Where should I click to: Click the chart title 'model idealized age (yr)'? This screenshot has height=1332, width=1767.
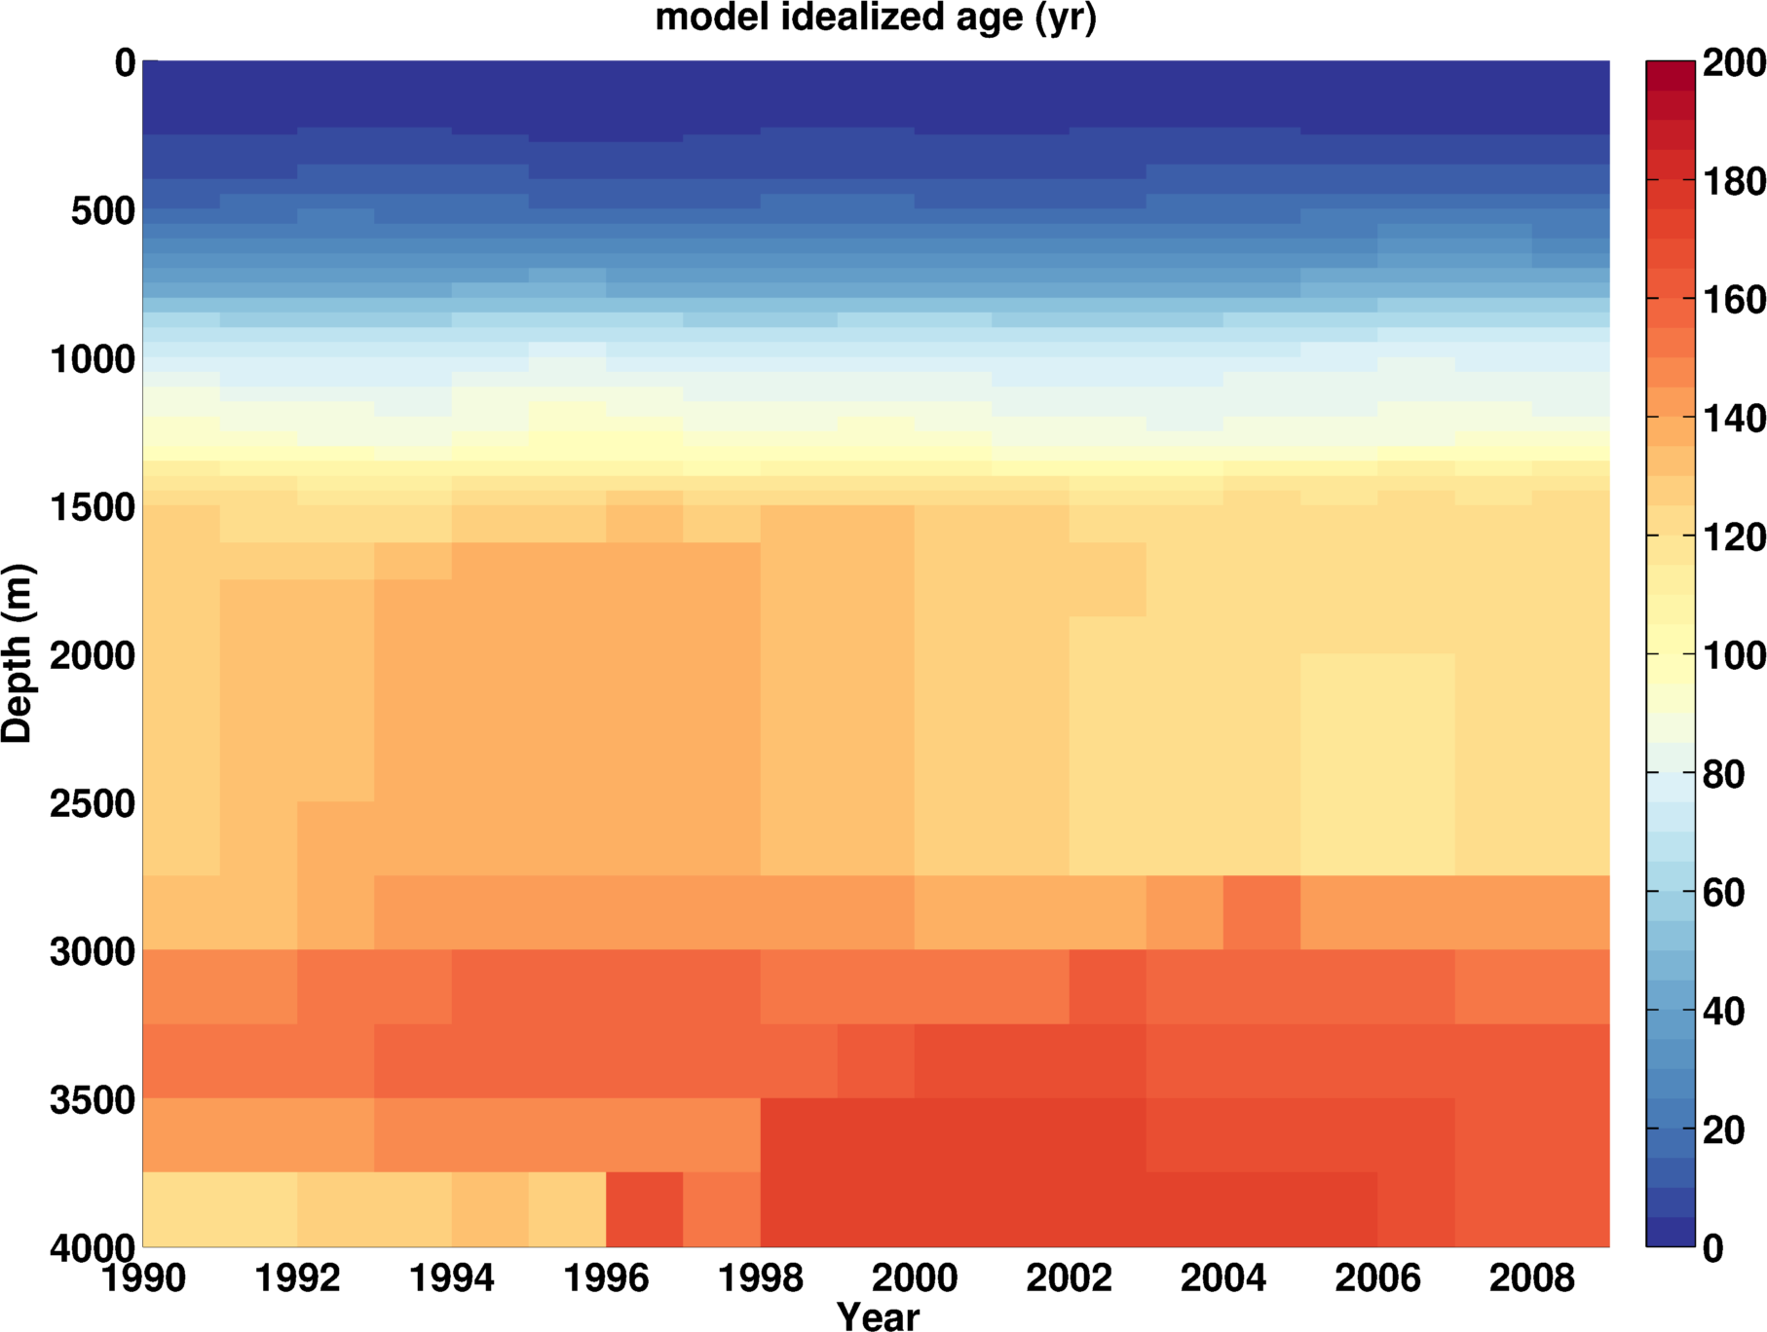[x=876, y=18]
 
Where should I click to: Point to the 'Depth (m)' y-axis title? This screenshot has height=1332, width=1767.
[x=18, y=653]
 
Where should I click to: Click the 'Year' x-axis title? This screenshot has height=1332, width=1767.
[x=878, y=1316]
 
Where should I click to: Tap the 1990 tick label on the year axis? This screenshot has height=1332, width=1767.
[x=143, y=1277]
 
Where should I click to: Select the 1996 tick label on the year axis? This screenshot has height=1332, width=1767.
[x=606, y=1277]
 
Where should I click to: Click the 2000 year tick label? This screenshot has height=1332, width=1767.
[x=915, y=1277]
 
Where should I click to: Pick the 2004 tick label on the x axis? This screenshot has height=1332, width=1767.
[x=1223, y=1277]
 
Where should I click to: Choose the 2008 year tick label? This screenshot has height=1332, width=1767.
[x=1531, y=1277]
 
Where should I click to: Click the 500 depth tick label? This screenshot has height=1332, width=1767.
[x=102, y=211]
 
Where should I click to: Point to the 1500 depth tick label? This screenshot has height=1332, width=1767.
[x=93, y=507]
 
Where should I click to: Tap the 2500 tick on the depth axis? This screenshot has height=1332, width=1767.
[x=93, y=804]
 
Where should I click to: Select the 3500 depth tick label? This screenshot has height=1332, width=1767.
[x=93, y=1100]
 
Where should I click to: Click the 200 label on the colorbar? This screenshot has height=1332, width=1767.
[x=1734, y=63]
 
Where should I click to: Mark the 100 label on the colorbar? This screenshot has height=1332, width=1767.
[x=1734, y=655]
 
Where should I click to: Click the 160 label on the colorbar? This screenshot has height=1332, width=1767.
[x=1734, y=300]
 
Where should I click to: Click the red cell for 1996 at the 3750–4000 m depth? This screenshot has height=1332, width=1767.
[x=644, y=1209]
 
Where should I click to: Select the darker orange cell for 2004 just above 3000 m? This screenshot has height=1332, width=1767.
[x=1261, y=912]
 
